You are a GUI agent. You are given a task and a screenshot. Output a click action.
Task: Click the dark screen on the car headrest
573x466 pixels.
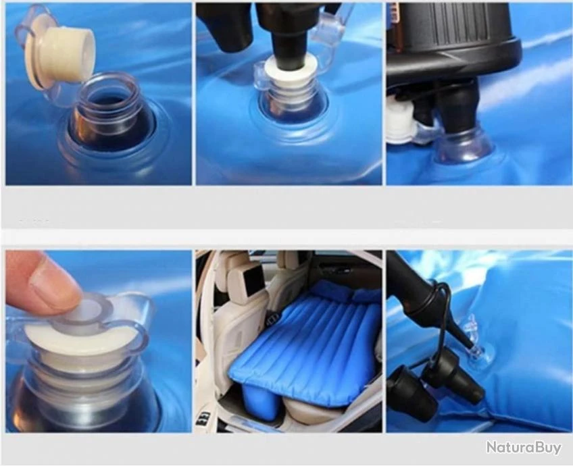(x=254, y=280)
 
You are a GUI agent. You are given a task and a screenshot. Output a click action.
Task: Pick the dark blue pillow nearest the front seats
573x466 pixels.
(x=332, y=290)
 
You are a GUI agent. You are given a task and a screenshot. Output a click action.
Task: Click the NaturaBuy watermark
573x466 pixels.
(x=523, y=447)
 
